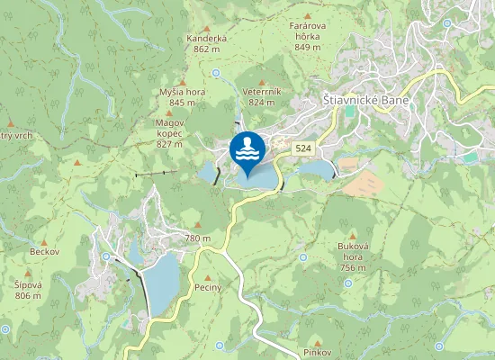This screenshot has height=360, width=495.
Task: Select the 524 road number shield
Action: click(x=302, y=148)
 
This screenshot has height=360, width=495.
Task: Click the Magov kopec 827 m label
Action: click(x=169, y=131)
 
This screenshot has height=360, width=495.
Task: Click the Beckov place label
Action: click(x=43, y=251)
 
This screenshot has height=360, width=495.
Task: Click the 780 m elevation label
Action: click(x=197, y=238)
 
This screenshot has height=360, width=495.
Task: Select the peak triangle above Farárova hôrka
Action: click(x=308, y=16)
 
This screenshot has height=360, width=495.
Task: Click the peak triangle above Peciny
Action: click(x=208, y=277)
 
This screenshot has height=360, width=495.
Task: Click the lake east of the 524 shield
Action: click(x=316, y=168)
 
